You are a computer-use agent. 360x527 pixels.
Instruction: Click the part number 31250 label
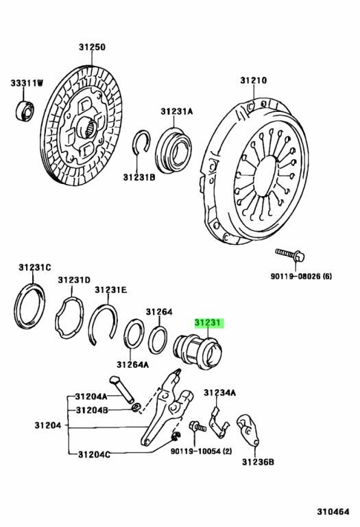[92, 47]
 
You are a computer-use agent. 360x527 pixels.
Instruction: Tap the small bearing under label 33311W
[25, 110]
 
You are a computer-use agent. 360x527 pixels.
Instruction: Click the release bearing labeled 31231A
[173, 150]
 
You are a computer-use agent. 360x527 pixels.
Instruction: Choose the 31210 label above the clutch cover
[254, 81]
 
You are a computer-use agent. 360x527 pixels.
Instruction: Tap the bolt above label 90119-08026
[290, 255]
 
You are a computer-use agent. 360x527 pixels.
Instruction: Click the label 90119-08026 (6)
[301, 277]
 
